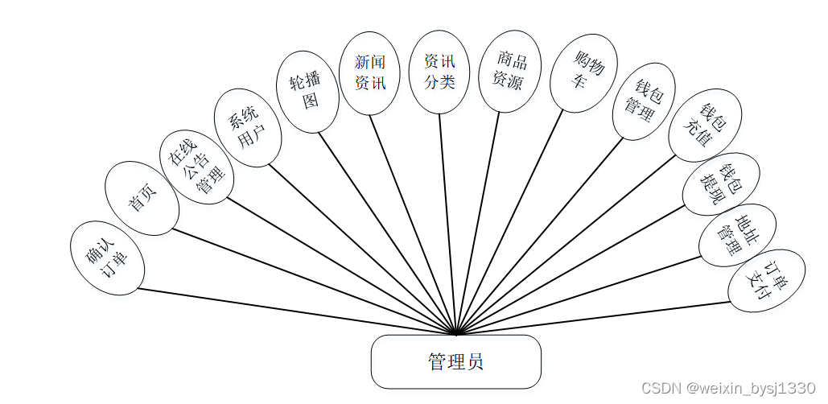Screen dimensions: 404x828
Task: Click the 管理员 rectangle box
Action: pos(455,361)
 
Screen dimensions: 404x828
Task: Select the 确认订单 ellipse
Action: pos(106,258)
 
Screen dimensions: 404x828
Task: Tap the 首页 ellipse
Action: pos(142,198)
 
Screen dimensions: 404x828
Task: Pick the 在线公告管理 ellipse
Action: pos(196,166)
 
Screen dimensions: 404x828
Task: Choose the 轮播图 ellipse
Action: pos(309,92)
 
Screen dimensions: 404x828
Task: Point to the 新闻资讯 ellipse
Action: pos(371,72)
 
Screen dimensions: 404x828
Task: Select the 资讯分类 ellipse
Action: pos(439,71)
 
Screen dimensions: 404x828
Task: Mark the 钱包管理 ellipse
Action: pos(644,101)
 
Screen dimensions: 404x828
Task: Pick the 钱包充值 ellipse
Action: pos(705,126)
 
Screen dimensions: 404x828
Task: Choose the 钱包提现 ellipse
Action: pos(721,184)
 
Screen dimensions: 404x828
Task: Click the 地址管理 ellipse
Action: pos(737,235)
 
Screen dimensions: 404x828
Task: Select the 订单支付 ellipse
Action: pos(766,281)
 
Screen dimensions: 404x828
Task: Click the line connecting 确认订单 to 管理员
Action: pos(298,310)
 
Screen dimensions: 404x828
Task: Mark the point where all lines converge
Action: pos(456,332)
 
